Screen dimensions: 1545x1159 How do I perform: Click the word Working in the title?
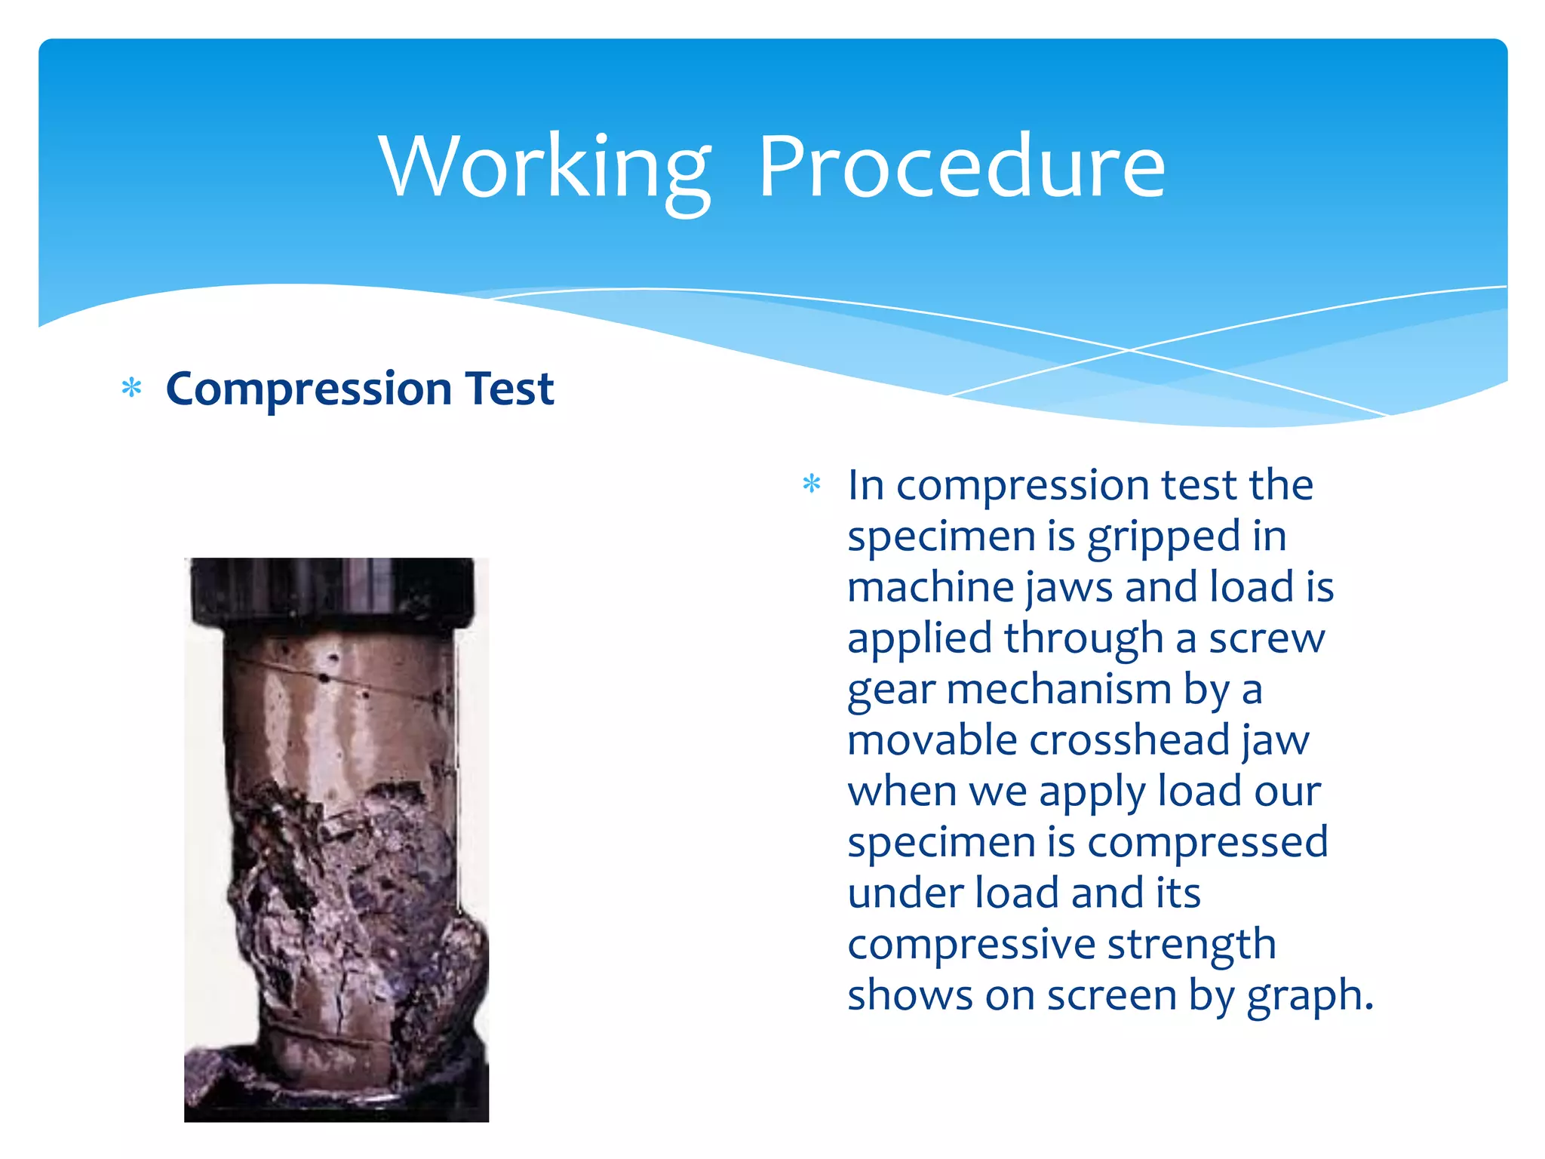pos(545,168)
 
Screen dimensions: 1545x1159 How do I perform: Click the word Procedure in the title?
pos(962,168)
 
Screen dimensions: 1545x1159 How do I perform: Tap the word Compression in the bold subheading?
pos(309,389)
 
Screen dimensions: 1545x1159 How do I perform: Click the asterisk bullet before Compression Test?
pos(132,389)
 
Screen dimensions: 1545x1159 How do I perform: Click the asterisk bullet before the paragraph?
pos(812,484)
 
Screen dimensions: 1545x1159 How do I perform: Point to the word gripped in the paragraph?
pos(1164,537)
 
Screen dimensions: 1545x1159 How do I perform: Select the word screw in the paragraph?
pos(1267,639)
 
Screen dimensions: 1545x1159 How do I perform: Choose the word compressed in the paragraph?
pos(1206,842)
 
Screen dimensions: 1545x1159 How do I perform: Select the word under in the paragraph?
pos(905,893)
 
